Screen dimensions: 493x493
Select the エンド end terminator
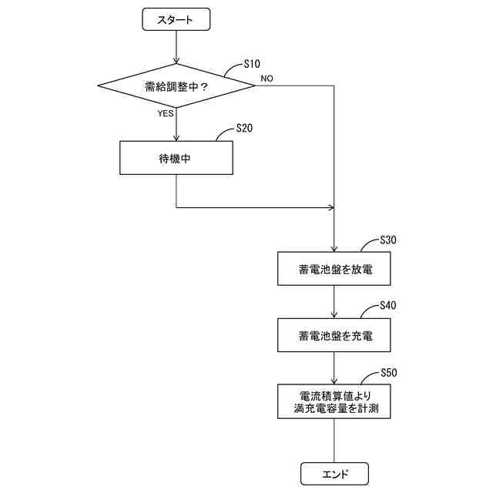coord(334,473)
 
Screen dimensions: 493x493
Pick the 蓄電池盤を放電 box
coord(334,270)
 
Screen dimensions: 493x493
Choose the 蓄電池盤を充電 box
coord(334,336)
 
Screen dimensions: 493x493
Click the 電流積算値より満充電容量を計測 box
coord(334,401)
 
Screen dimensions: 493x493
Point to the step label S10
coord(251,63)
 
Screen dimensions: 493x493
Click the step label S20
coord(243,129)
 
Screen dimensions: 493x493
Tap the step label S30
coord(388,240)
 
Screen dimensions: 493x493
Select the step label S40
coord(388,306)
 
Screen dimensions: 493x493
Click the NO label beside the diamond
coord(267,79)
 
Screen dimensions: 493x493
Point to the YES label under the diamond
coord(166,113)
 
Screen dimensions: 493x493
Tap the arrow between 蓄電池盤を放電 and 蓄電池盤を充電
coord(334,303)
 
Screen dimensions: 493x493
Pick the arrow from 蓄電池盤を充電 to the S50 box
coord(334,368)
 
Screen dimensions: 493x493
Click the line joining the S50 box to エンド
coord(334,441)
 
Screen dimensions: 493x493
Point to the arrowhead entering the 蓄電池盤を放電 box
coord(334,250)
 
